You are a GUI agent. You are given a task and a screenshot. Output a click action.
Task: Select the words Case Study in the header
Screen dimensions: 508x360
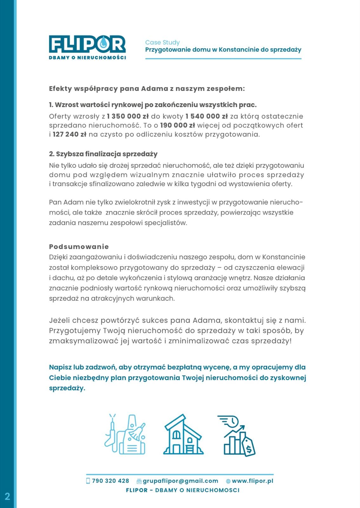(x=162, y=42)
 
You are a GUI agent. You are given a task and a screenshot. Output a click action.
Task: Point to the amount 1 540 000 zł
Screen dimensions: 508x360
(x=206, y=116)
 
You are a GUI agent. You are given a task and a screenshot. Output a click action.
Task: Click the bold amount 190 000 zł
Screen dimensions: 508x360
(x=177, y=125)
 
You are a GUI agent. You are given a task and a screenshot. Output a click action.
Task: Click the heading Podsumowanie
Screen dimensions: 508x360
(x=79, y=247)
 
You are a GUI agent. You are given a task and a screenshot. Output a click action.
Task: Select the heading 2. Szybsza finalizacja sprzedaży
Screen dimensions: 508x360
(x=103, y=154)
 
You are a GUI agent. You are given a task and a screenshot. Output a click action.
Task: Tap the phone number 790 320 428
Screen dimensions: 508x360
(x=110, y=481)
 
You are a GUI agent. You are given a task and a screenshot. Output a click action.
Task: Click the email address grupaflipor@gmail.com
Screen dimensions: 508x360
(x=180, y=481)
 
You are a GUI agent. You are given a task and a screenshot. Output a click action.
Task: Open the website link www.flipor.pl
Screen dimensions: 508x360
(x=252, y=481)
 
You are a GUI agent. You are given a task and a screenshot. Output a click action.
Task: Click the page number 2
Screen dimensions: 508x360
(x=7, y=496)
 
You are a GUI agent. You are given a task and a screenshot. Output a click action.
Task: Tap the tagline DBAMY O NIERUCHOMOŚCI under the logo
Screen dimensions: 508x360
(x=87, y=57)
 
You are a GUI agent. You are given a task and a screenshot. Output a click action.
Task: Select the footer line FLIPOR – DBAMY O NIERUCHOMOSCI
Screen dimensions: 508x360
(x=183, y=490)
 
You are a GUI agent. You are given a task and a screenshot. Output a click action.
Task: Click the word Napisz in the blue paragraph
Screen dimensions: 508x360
(x=60, y=367)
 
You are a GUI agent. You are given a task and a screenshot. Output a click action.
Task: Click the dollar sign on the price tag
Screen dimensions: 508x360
(x=249, y=449)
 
